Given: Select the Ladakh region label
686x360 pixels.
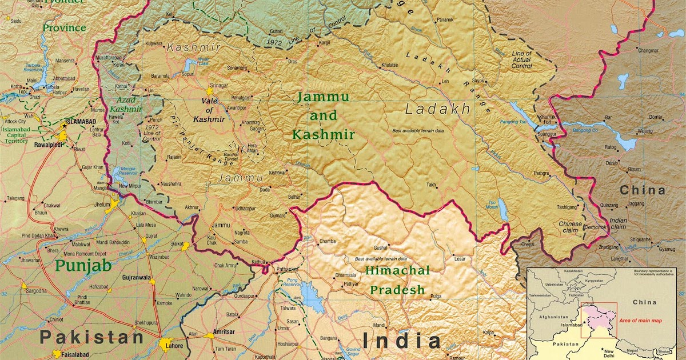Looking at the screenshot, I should (x=438, y=109).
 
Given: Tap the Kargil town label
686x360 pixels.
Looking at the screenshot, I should (x=325, y=43).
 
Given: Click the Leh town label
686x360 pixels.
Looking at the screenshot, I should (x=445, y=82).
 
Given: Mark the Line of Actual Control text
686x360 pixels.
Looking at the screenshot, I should (x=521, y=60).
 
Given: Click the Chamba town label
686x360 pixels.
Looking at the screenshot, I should (x=328, y=242).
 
